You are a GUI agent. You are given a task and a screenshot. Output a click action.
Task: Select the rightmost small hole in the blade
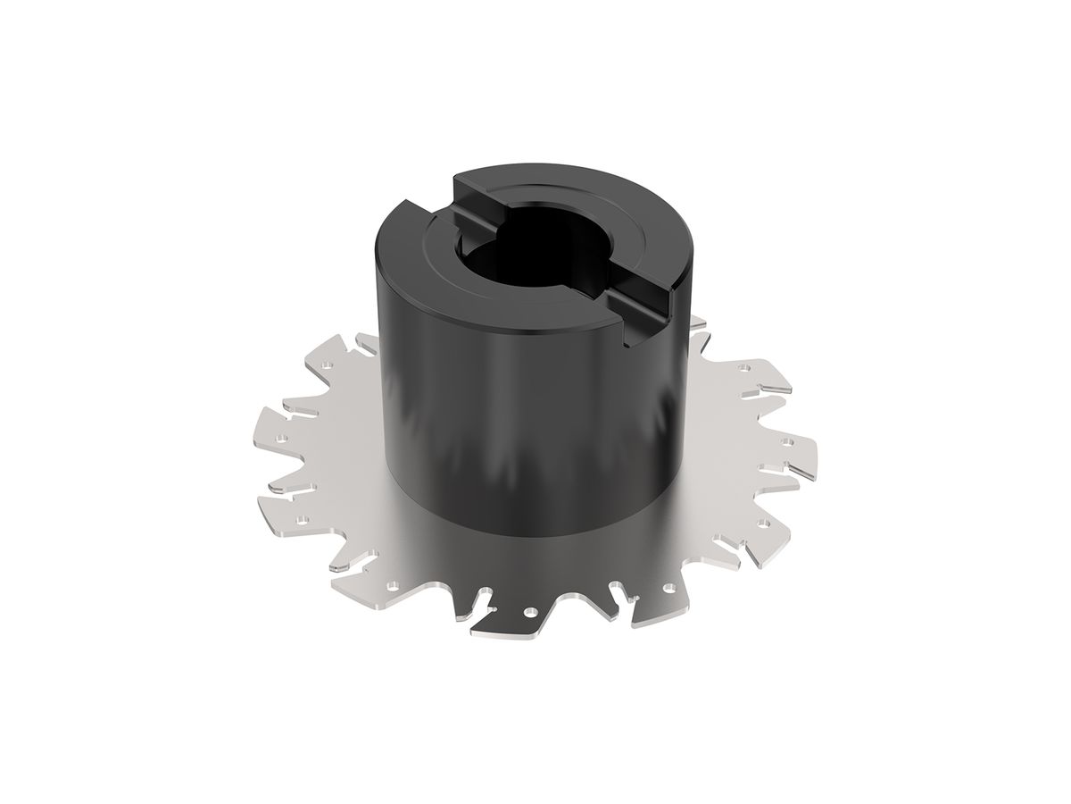[x=787, y=441]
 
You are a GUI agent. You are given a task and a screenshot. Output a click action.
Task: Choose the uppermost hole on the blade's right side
[x=743, y=366]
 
